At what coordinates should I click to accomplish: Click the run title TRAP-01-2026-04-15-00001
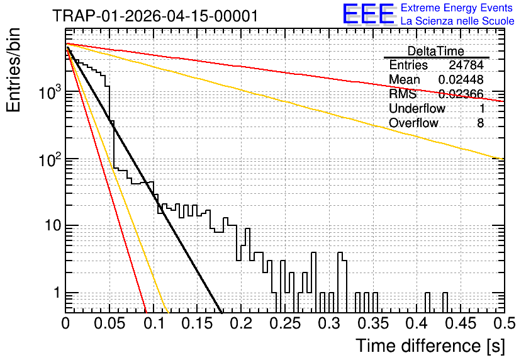pos(155,16)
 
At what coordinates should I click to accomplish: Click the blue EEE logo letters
pos(369,14)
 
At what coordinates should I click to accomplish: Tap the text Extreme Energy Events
pos(457,8)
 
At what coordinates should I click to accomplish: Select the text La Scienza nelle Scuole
pos(457,21)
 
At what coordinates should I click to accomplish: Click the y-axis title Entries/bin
pos(13,70)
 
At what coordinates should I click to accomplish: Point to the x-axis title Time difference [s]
pos(430,346)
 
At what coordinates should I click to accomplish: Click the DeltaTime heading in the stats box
pos(436,51)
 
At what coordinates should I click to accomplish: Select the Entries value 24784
pos(466,65)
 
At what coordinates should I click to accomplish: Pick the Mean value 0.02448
pos(461,79)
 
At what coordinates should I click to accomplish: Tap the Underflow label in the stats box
pos(417,108)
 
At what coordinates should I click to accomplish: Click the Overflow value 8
pos(480,123)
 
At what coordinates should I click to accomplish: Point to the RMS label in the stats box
pos(403,94)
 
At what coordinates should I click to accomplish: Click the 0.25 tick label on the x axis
pos(285,323)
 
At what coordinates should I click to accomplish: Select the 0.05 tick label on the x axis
pos(109,323)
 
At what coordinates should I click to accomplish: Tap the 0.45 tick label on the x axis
pos(461,323)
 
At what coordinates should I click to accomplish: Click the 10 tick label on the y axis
pos(53,225)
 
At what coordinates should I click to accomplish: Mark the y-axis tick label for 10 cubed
pos(50,92)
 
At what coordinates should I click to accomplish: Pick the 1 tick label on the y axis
pos(57,293)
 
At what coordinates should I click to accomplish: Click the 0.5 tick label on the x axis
pos(504,323)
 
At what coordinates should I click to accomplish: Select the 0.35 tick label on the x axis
pos(373,323)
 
